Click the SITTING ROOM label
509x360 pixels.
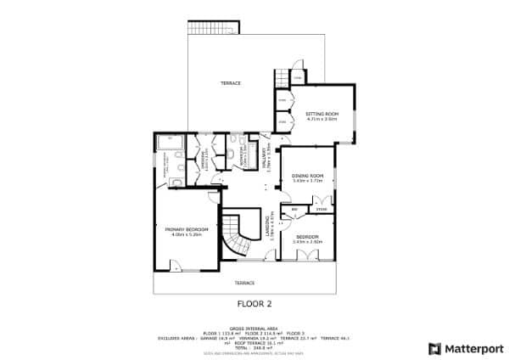(322, 113)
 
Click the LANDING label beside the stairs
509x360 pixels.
(271, 225)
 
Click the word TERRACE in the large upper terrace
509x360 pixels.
(231, 83)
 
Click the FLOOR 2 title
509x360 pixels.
(254, 301)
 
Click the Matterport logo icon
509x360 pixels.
(434, 348)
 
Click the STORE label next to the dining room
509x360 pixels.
(320, 208)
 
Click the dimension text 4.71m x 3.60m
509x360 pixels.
(322, 119)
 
